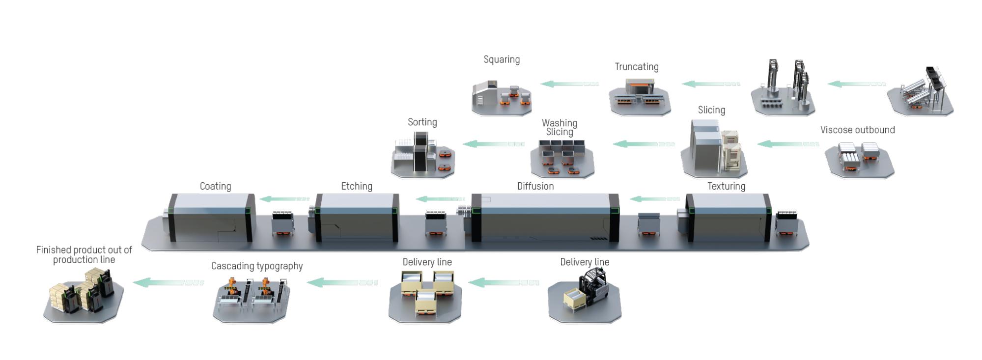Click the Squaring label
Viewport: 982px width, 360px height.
(502, 59)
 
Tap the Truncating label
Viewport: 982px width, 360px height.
(637, 67)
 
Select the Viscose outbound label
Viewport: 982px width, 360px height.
(857, 130)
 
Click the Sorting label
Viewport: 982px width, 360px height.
(422, 122)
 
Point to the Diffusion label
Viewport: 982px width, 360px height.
(535, 186)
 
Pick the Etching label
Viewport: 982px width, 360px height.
(357, 186)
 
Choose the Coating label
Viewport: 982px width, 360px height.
(215, 186)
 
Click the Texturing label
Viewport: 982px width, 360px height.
(726, 186)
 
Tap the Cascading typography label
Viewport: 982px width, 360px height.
(257, 266)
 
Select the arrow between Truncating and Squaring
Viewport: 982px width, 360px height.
(569, 84)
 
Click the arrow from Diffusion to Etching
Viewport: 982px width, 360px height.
(440, 199)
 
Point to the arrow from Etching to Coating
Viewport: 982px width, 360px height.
(284, 199)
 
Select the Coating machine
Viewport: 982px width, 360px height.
(211, 217)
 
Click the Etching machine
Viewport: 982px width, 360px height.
(357, 217)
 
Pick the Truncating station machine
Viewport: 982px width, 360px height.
(640, 96)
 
